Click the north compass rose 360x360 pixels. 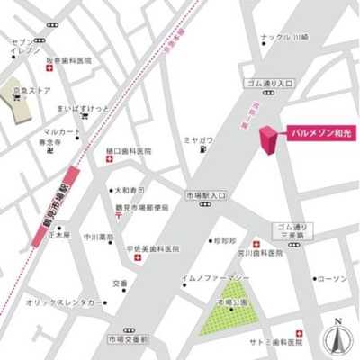(x=337, y=337)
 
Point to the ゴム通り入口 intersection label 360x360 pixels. (x=270, y=83)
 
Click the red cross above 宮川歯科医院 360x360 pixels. (x=256, y=244)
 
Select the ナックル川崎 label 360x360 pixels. (x=283, y=37)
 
